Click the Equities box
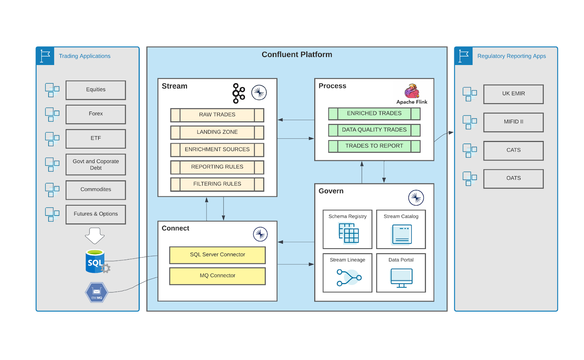tap(96, 90)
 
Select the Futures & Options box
tap(96, 214)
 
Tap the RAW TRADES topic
tap(217, 115)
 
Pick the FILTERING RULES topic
tap(217, 184)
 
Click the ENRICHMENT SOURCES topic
tap(217, 150)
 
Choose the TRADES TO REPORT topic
tap(374, 146)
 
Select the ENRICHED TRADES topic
tap(374, 114)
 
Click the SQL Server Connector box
tap(217, 255)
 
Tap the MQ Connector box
tap(217, 276)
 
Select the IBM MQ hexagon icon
tap(97, 292)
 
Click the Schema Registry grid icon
tap(349, 233)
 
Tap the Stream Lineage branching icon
tap(349, 277)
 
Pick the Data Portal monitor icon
tap(401, 278)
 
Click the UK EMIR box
tap(513, 94)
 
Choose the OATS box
tap(513, 179)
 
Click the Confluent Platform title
tap(297, 55)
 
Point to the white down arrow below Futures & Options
tap(95, 235)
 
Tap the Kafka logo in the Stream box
tap(239, 93)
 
